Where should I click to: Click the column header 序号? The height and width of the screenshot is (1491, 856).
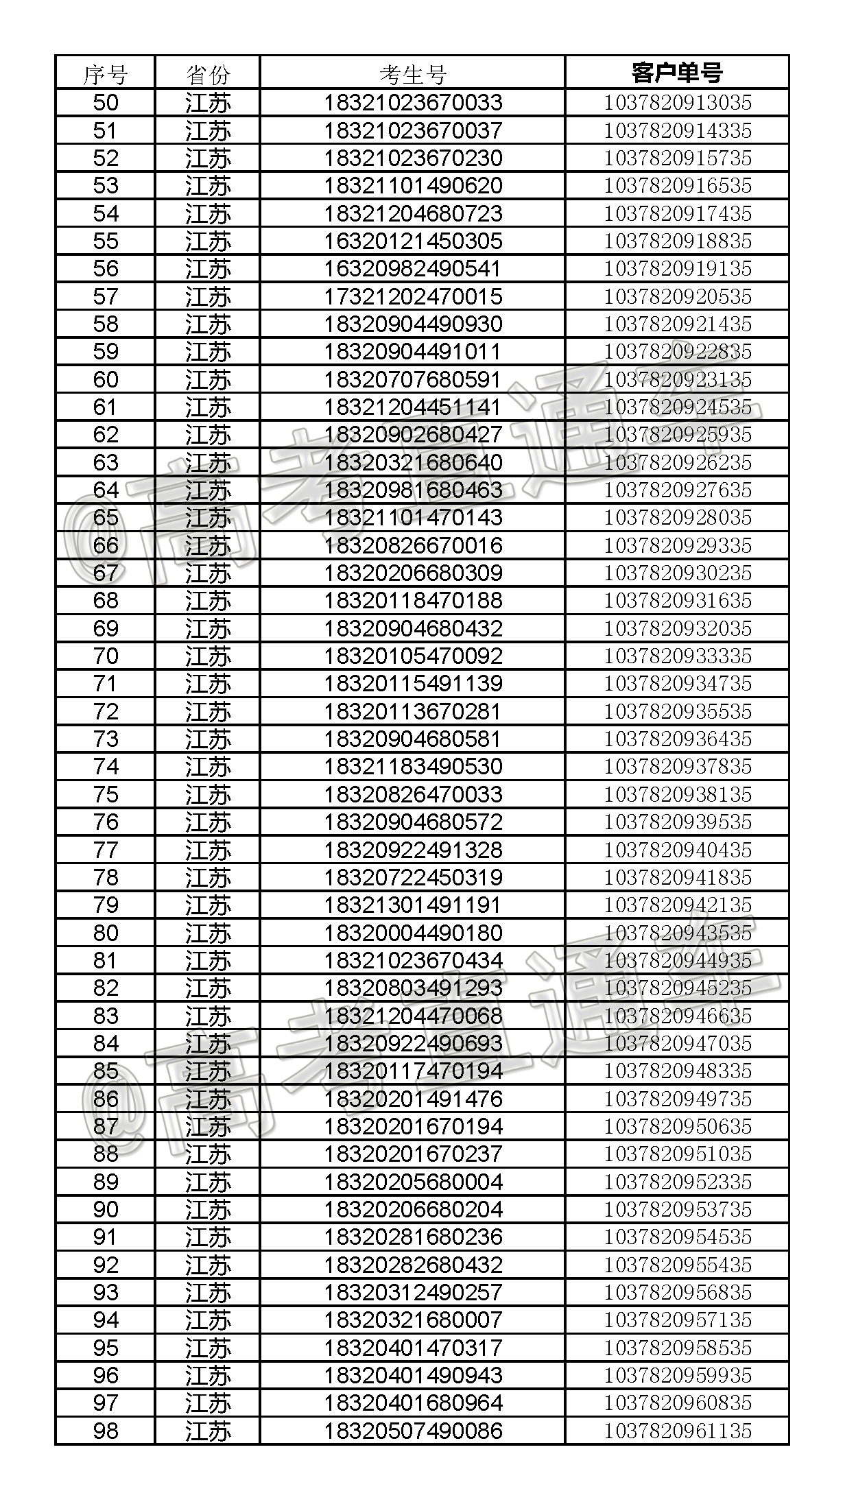click(105, 73)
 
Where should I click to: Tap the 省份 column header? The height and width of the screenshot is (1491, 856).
click(208, 73)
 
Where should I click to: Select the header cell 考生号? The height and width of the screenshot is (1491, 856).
click(413, 73)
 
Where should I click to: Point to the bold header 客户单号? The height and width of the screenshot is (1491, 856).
click(677, 73)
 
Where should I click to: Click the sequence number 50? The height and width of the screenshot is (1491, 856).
click(106, 103)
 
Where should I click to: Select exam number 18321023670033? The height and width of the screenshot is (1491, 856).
click(413, 103)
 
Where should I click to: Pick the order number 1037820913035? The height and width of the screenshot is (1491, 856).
click(677, 103)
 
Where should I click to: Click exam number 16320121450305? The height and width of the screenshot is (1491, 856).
click(413, 241)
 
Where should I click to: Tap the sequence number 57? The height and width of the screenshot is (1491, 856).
click(106, 296)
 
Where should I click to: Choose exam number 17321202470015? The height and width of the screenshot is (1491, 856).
click(413, 296)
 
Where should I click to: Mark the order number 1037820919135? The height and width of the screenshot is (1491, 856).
click(677, 268)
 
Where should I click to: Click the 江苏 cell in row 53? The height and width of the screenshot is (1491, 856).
click(208, 186)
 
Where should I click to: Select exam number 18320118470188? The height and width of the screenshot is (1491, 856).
click(413, 600)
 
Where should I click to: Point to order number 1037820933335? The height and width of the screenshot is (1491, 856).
click(677, 656)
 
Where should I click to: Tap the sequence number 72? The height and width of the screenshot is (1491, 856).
click(106, 711)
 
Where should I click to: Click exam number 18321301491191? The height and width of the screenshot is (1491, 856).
click(413, 905)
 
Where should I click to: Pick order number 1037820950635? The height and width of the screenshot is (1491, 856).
click(677, 1126)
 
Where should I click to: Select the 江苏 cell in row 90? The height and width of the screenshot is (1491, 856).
click(208, 1209)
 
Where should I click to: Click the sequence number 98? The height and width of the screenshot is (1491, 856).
click(106, 1430)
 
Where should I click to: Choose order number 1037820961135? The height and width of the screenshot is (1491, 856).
click(677, 1430)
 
